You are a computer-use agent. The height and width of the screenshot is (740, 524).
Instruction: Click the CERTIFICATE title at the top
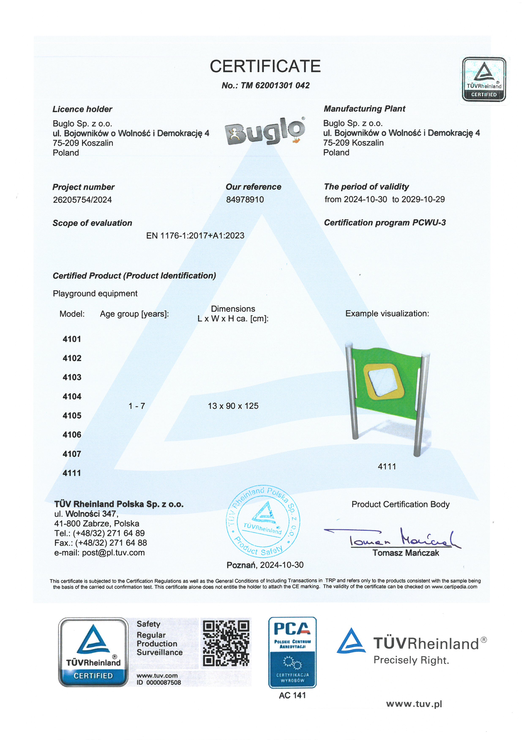[265, 66]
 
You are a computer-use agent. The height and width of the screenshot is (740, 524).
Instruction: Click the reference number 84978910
[245, 199]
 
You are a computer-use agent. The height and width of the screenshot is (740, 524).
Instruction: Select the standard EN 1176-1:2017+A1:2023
[195, 236]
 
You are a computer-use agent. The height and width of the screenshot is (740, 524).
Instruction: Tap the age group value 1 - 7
[137, 406]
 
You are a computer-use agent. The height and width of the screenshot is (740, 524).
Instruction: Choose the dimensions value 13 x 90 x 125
[233, 406]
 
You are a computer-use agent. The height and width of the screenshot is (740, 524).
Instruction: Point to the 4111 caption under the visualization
[387, 466]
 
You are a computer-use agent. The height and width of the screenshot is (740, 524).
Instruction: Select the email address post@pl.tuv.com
[113, 553]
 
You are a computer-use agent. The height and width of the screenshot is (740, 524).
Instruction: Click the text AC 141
[292, 695]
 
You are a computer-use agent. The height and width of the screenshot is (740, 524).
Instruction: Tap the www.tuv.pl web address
[414, 704]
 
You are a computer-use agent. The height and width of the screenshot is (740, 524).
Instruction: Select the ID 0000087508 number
[159, 682]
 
